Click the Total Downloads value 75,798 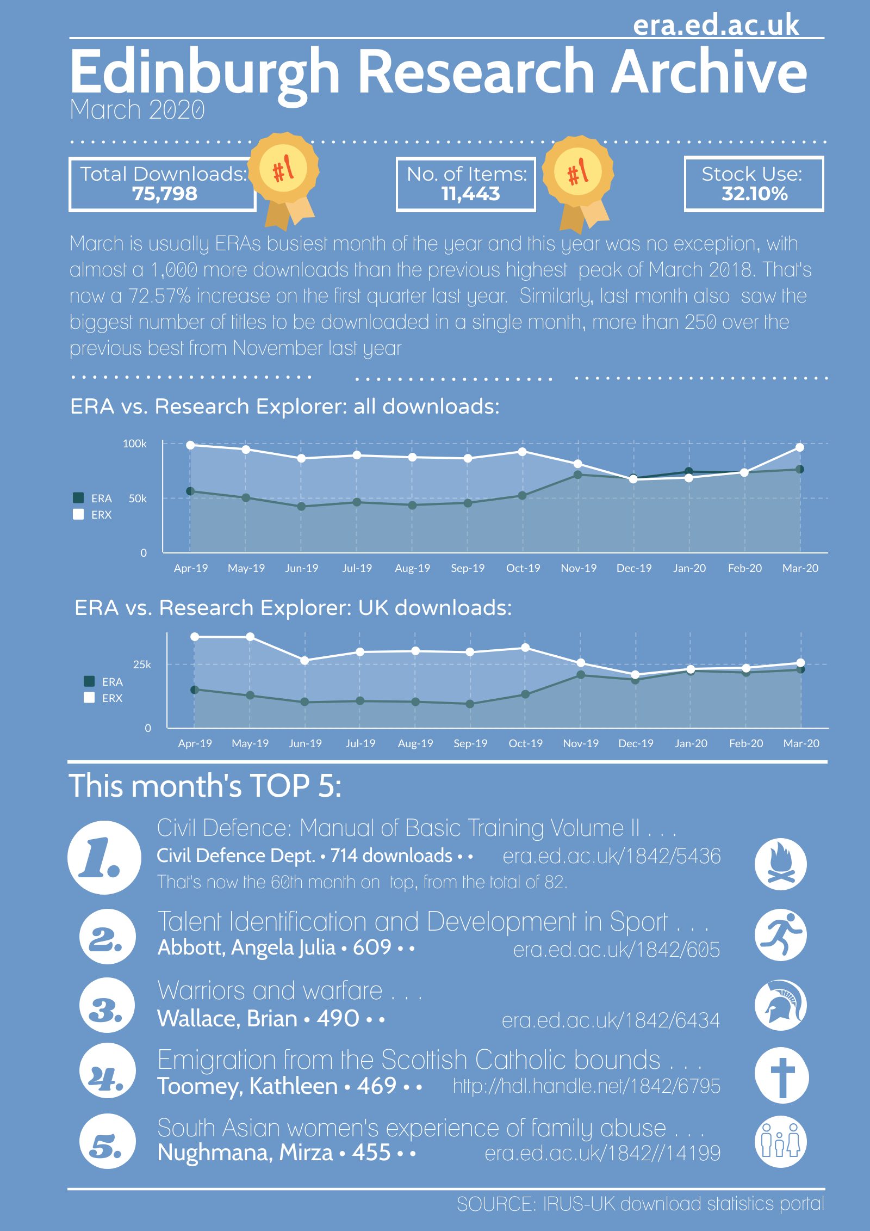(165, 194)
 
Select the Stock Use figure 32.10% (754, 194)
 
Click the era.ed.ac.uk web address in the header (716, 25)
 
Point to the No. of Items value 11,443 (470, 194)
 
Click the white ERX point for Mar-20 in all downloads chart (800, 447)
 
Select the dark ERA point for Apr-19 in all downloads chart (190, 491)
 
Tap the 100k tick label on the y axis (134, 444)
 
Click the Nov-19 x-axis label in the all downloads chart (579, 568)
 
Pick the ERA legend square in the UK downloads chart (89, 681)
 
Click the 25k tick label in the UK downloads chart (142, 664)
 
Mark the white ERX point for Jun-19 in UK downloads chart (305, 660)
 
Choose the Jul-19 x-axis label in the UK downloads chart (361, 743)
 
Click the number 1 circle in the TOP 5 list (104, 858)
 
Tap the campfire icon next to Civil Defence (781, 864)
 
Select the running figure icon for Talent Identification (781, 935)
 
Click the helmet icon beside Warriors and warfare (781, 1005)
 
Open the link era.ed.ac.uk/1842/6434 (611, 1020)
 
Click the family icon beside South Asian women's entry (781, 1142)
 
